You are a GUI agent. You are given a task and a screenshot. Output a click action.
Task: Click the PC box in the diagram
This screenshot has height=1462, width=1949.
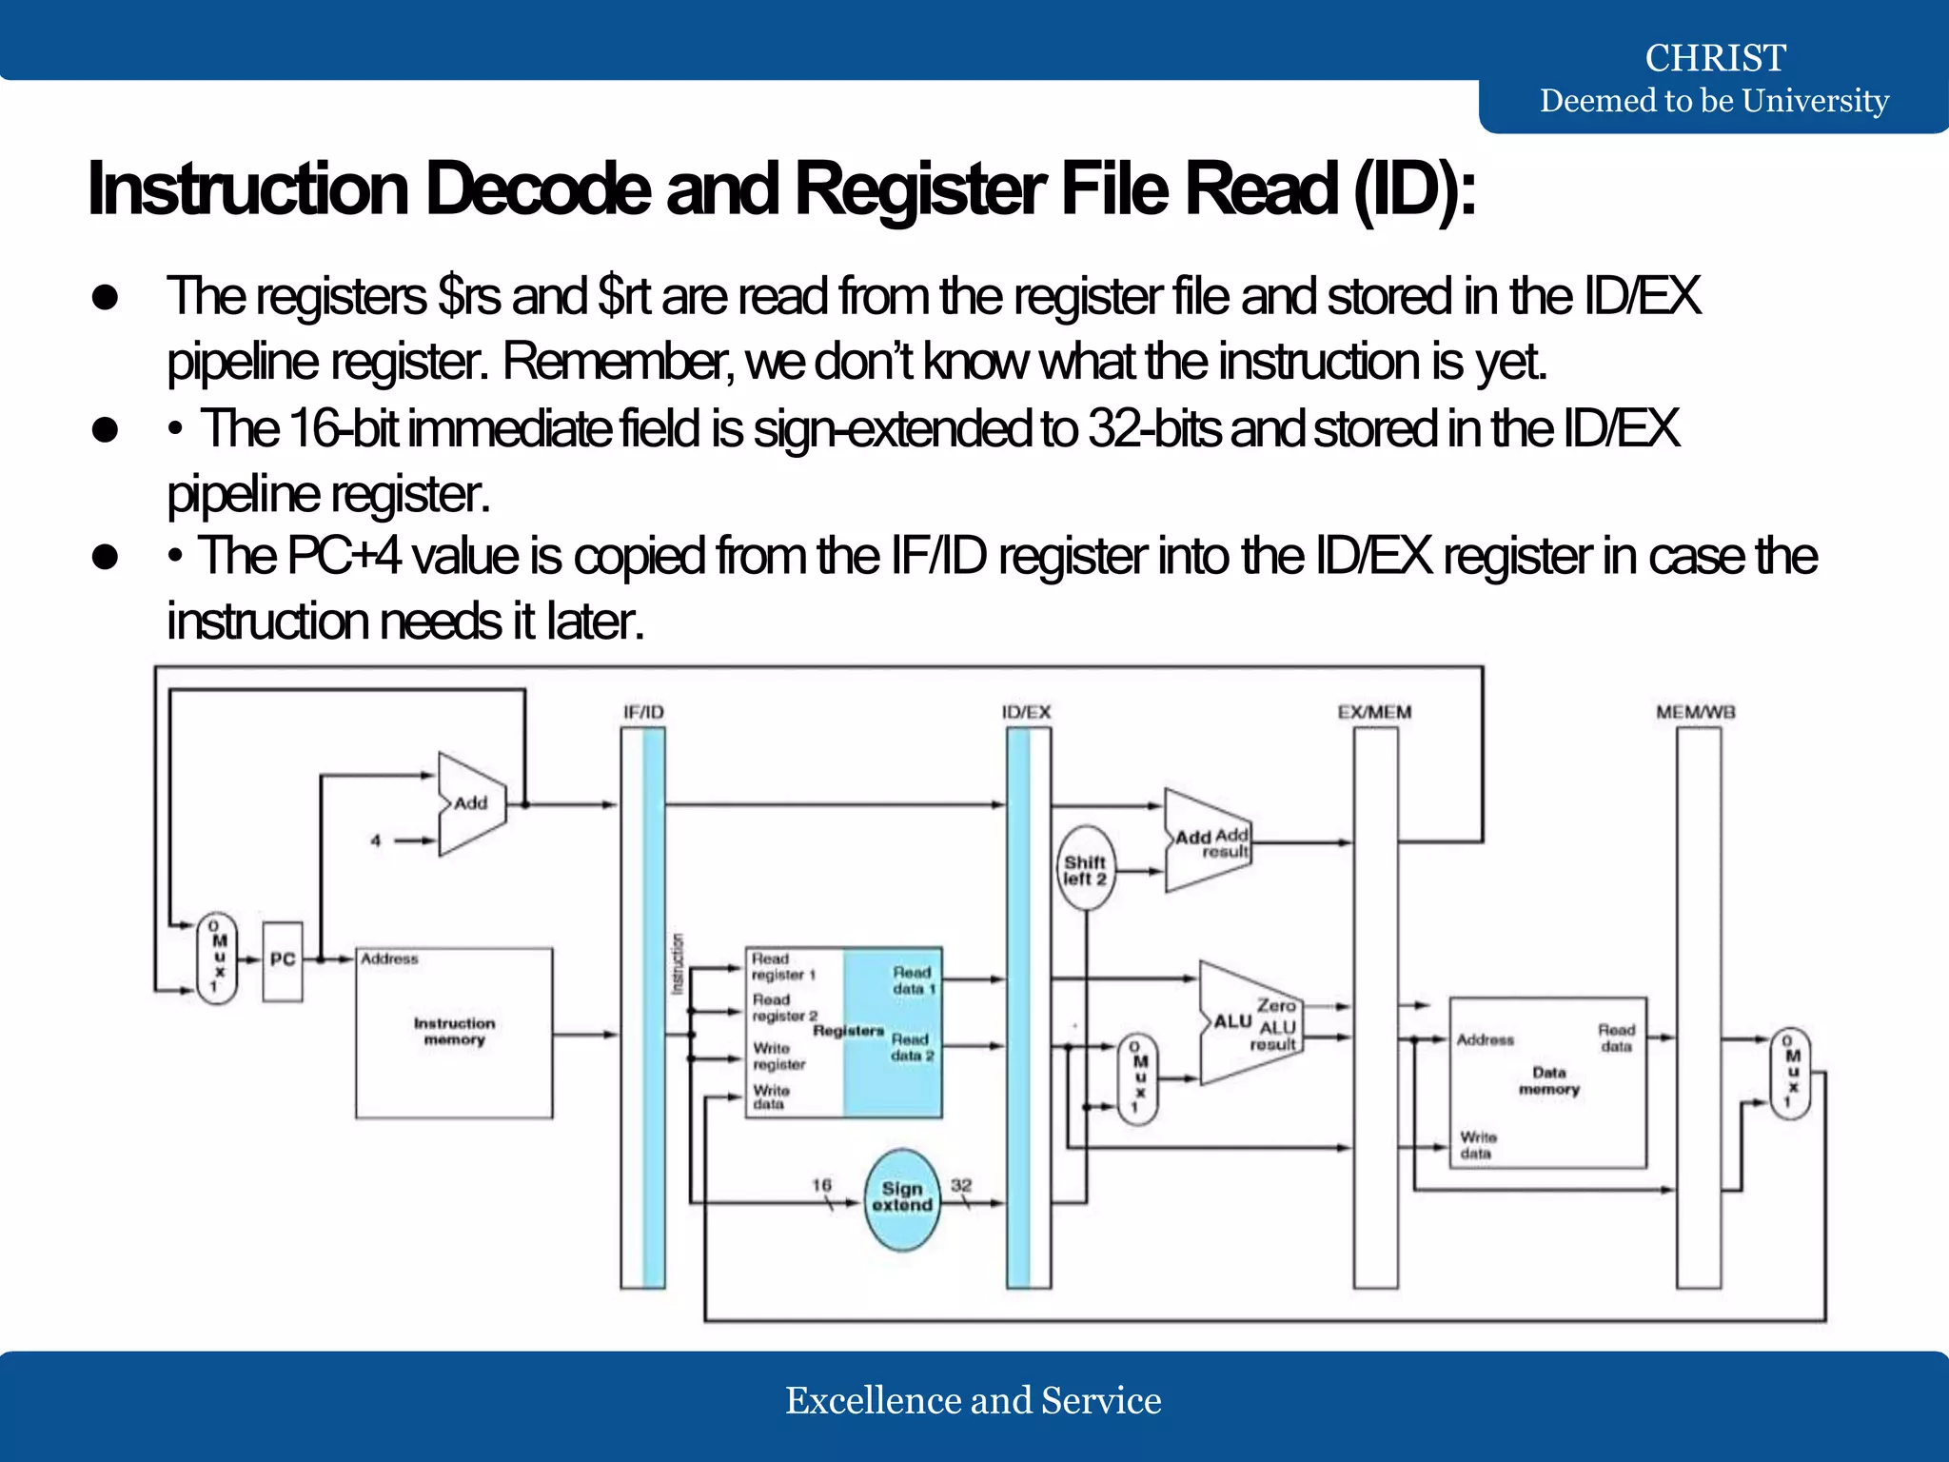(282, 960)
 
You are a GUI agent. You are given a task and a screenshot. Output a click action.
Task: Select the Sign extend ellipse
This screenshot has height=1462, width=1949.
(902, 1197)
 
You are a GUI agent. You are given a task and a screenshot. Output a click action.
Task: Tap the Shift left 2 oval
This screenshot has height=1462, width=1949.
(1085, 870)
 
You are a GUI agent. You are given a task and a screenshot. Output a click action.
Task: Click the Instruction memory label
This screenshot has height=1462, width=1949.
(454, 1032)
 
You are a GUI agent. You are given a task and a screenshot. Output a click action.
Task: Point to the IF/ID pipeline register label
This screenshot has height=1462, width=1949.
(643, 712)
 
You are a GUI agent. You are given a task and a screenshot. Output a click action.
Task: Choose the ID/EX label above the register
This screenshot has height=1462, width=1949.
(1026, 712)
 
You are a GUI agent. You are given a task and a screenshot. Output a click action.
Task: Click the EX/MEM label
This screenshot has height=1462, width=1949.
(1374, 712)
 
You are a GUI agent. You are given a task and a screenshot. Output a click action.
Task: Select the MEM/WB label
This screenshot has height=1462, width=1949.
(1695, 712)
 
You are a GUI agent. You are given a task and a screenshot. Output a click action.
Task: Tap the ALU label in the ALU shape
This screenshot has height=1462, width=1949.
(1232, 1021)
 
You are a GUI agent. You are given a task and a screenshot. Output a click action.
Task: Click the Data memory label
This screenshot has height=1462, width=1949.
(1548, 1080)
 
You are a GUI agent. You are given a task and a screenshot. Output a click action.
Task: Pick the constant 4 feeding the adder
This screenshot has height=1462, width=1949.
(376, 840)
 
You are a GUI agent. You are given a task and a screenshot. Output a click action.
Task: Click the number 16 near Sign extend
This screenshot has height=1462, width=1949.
(821, 1185)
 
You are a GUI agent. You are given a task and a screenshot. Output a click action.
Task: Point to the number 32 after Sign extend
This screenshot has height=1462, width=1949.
(961, 1185)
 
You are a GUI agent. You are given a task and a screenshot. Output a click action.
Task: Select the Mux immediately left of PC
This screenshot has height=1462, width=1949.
(217, 958)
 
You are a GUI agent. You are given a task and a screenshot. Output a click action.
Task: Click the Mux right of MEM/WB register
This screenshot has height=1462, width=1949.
(1790, 1074)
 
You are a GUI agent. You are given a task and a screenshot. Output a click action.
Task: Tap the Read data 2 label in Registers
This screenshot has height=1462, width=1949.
(912, 1047)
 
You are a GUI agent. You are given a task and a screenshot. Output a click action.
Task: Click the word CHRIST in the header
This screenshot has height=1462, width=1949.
(1715, 58)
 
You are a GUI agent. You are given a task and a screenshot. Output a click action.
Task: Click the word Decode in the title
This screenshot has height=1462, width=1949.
(538, 189)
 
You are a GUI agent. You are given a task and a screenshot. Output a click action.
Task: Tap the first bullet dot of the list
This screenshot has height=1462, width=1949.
(106, 297)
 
